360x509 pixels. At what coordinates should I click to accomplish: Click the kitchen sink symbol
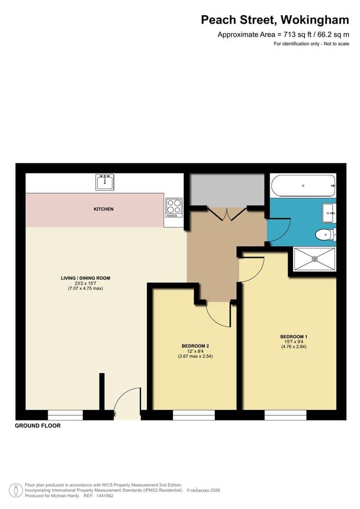105,182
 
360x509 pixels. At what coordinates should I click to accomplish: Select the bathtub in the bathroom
303,186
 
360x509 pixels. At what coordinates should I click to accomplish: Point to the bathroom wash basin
328,213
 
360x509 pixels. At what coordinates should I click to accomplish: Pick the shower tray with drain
314,259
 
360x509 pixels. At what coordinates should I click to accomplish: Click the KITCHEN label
104,209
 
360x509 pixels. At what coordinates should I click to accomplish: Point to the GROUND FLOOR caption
38,426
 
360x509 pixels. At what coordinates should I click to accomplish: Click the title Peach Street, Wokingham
275,20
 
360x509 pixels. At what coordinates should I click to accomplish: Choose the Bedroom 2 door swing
219,313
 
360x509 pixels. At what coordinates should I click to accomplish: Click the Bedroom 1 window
285,415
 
